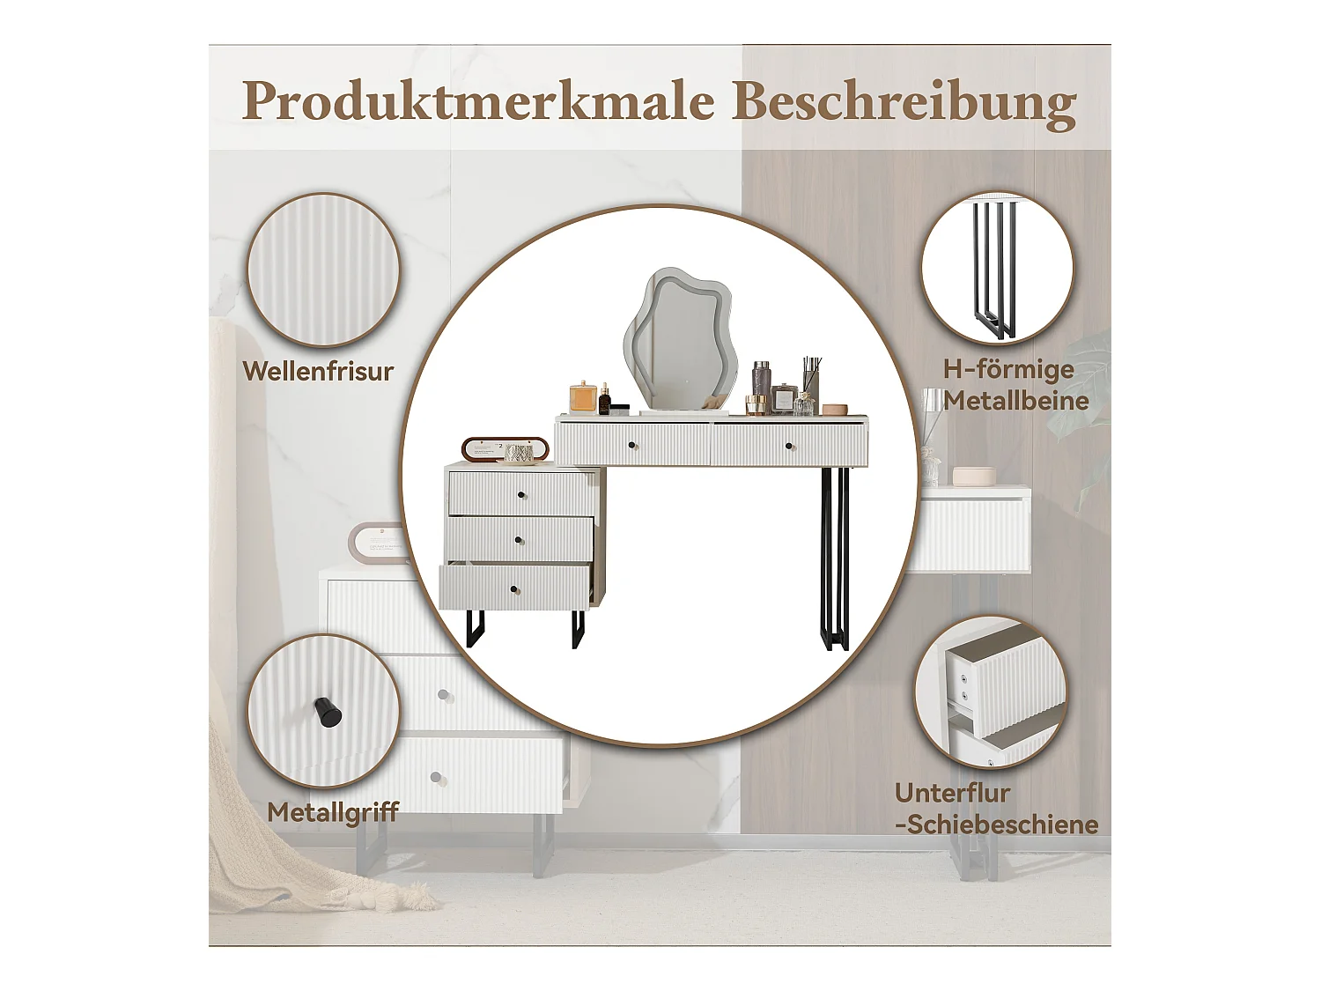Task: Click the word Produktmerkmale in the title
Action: [x=477, y=100]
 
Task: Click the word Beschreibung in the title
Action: [x=904, y=102]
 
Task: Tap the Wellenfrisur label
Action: [x=318, y=372]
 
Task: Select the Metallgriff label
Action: [x=333, y=812]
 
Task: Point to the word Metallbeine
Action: [x=1016, y=402]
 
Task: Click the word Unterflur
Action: [x=952, y=793]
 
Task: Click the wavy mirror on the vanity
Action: [x=679, y=339]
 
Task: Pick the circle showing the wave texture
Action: [x=323, y=270]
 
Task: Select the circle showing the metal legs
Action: [x=997, y=268]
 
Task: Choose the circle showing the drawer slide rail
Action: [x=991, y=691]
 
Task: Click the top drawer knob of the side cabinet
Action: [x=521, y=495]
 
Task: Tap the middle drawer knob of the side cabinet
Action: [x=519, y=540]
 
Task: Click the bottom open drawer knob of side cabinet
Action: [x=514, y=589]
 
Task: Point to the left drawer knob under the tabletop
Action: [x=632, y=446]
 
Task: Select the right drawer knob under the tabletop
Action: [x=788, y=447]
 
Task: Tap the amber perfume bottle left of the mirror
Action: [x=583, y=397]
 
